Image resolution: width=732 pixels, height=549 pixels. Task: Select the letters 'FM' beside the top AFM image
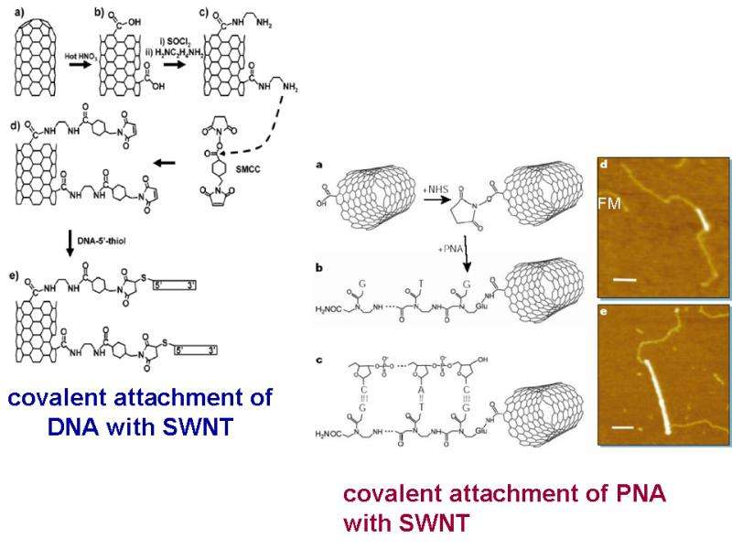point(609,204)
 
